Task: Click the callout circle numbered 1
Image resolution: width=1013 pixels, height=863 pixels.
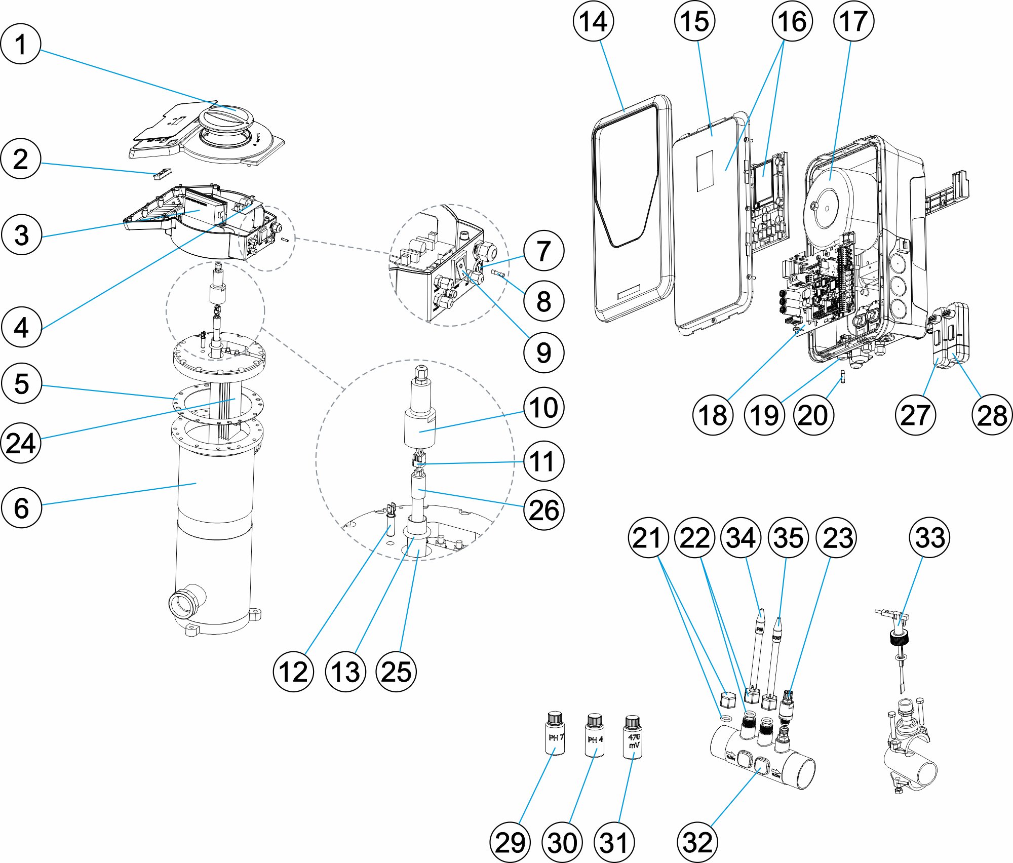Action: (x=20, y=44)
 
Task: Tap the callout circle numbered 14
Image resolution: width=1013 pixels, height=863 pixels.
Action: (x=593, y=21)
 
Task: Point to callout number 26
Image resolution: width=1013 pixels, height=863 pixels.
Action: (x=543, y=509)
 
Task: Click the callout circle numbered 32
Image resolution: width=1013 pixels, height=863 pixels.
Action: (x=697, y=842)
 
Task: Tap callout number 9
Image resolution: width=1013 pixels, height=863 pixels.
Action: (x=543, y=352)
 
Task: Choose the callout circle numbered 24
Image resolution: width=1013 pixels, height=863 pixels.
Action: (x=21, y=443)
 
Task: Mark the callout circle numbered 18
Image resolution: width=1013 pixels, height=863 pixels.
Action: (x=713, y=415)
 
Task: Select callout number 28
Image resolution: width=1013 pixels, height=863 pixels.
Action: (x=992, y=415)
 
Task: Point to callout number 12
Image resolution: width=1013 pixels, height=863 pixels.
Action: (x=293, y=672)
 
